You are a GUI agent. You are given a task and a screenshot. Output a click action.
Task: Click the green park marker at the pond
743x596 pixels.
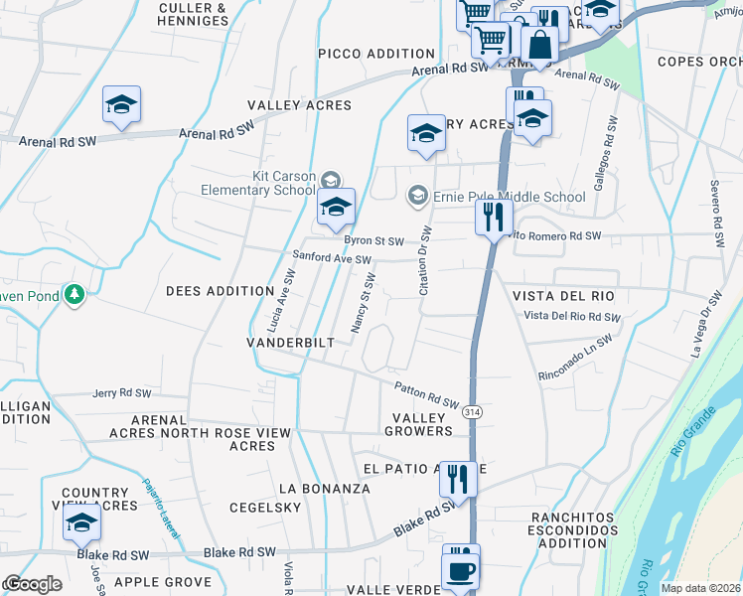[x=74, y=294]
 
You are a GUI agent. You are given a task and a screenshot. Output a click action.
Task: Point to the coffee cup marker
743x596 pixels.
[x=460, y=569]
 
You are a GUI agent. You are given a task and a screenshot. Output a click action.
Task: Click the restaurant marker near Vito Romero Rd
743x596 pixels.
[x=494, y=218]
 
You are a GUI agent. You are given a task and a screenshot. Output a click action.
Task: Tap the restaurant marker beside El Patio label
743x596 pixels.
[x=458, y=480]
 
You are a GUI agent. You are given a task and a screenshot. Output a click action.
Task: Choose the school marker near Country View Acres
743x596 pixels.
[x=81, y=523]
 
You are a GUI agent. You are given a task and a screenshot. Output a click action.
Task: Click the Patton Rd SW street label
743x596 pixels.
[x=426, y=395]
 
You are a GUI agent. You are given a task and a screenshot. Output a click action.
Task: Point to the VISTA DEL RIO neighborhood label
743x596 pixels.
[x=563, y=296]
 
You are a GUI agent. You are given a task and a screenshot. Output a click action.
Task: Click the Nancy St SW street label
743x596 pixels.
[x=362, y=303]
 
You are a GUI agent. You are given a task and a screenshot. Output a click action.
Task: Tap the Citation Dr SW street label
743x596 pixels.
[x=427, y=261]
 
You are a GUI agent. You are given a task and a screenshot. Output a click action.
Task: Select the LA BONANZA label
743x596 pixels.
[x=324, y=489]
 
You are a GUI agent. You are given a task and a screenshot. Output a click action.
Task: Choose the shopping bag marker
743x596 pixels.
[x=538, y=45]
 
